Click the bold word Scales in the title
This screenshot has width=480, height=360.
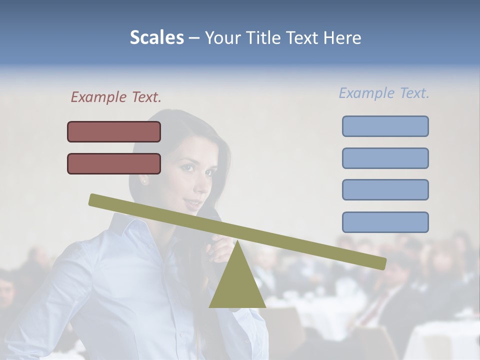tap(156, 38)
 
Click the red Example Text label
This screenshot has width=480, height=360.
tap(116, 97)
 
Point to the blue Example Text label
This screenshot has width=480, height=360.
tap(384, 93)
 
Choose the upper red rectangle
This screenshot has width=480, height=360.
tap(114, 131)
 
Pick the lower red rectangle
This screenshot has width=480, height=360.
tap(114, 163)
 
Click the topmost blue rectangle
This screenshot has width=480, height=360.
tap(385, 126)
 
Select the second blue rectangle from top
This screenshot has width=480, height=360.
tap(385, 158)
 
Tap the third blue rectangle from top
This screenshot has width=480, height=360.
tap(385, 190)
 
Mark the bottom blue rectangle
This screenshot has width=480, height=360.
tap(385, 222)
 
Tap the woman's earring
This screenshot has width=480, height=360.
tap(144, 181)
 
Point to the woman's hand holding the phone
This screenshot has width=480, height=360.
tap(220, 247)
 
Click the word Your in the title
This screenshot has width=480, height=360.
tap(221, 38)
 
